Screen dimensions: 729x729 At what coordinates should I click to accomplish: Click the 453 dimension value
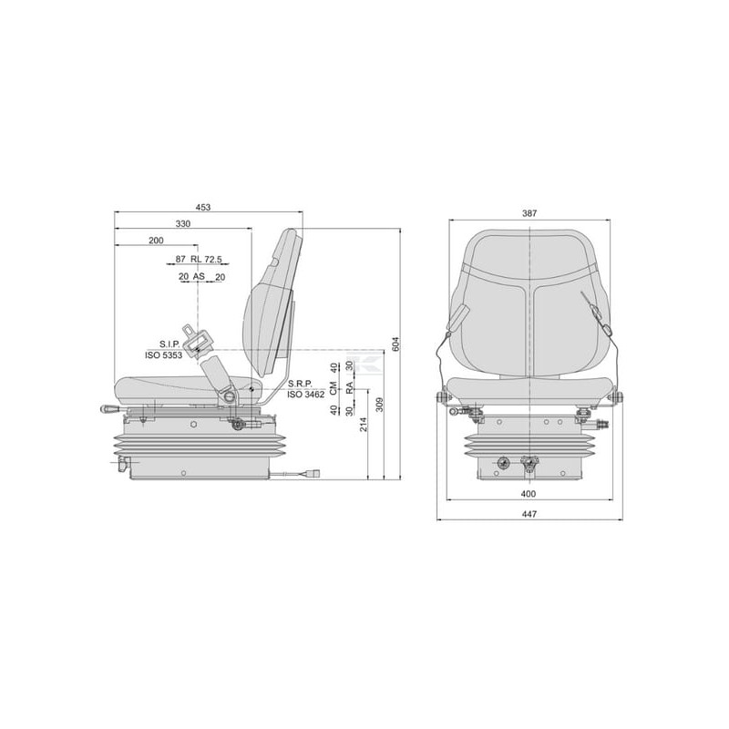202,208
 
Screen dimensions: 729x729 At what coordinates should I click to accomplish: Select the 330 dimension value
183,223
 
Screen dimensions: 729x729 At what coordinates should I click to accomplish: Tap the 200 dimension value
156,241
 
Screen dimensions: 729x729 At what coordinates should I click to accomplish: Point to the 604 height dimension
395,344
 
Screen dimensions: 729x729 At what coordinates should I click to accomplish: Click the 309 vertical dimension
379,405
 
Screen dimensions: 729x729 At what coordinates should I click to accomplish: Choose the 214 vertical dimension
364,424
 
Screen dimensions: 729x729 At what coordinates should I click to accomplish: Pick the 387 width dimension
529,213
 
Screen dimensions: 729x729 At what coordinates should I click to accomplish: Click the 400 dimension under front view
529,494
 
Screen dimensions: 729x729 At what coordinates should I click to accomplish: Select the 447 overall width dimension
529,514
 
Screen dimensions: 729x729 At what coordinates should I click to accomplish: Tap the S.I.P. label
169,344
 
